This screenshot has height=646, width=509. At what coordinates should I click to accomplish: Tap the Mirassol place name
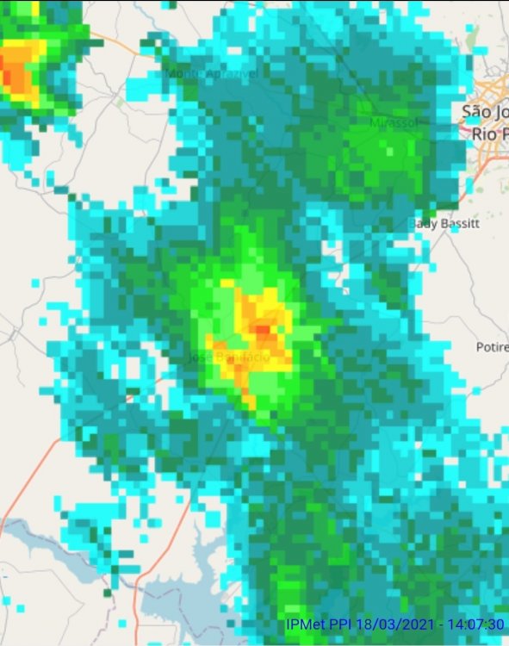[x=393, y=123]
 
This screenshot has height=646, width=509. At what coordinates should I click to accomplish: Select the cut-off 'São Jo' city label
[x=485, y=112]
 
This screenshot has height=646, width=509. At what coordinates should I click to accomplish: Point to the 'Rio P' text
[x=489, y=134]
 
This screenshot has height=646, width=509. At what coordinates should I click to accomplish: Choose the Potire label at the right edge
[x=492, y=347]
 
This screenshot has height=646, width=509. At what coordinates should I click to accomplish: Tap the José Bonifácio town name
[x=228, y=356]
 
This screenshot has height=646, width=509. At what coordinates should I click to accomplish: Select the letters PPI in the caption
[x=344, y=624]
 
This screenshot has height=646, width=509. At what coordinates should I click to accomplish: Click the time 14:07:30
[x=475, y=624]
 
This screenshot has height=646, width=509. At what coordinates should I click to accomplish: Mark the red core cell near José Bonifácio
[x=263, y=329]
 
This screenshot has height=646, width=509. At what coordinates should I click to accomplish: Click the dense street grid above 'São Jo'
[x=495, y=86]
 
